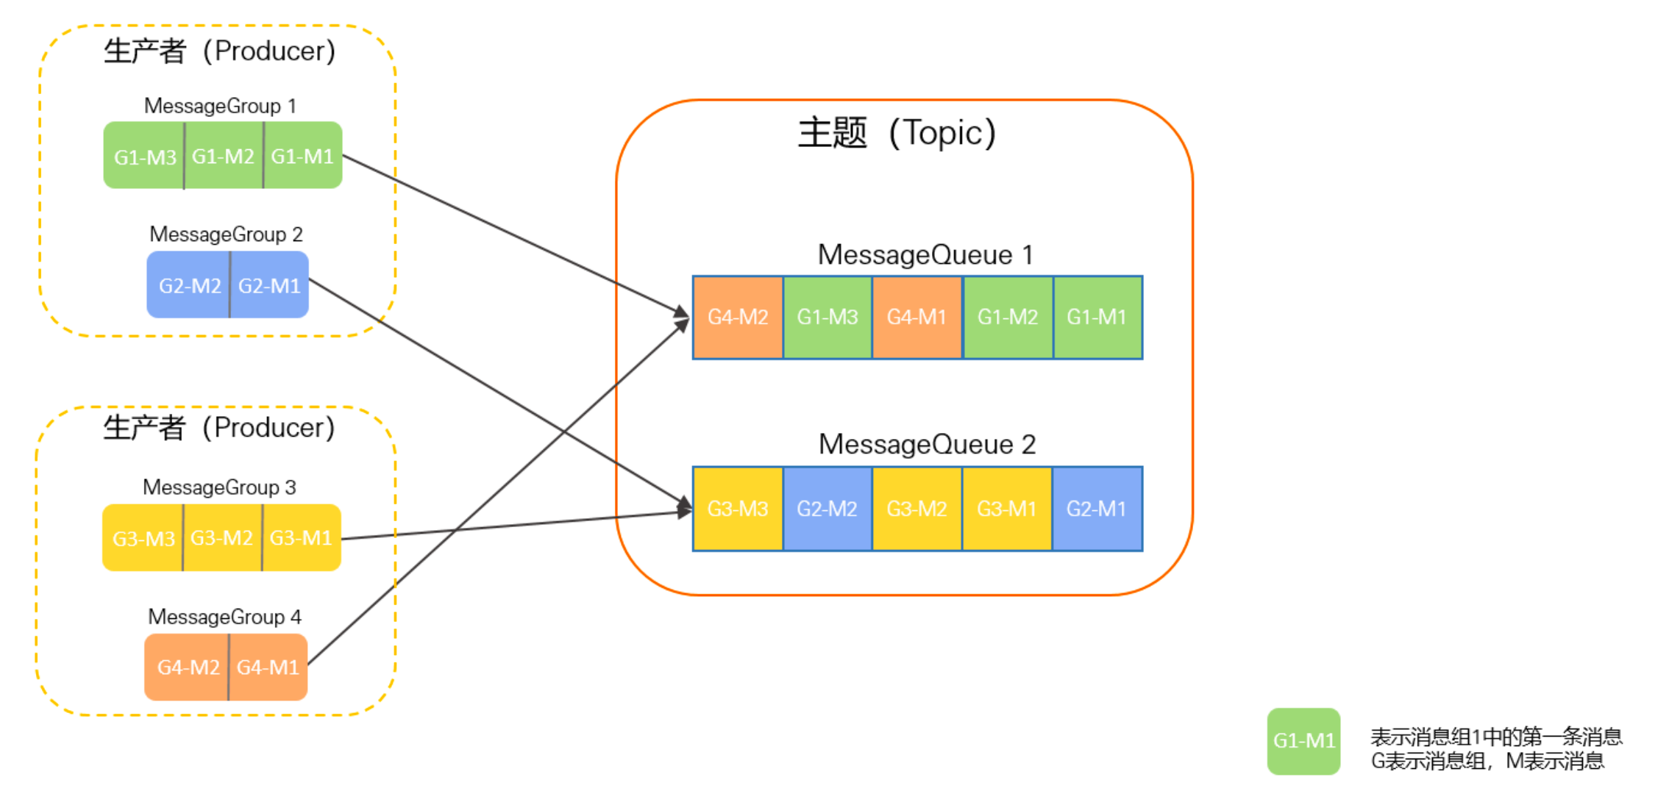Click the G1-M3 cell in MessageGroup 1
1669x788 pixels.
144,156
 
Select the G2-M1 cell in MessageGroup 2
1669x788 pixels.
269,285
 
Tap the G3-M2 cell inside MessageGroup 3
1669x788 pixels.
221,538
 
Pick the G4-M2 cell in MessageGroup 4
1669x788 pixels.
188,667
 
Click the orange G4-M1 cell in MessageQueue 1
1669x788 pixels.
917,317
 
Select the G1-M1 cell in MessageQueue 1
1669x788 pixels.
1097,317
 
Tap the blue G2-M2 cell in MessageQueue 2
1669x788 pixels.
827,509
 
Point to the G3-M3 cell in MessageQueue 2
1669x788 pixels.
737,509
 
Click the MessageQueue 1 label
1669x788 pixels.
925,255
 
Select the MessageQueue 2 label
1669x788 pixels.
926,445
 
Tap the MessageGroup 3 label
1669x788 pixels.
219,487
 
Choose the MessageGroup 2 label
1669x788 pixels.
226,234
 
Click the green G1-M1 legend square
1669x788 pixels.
1303,740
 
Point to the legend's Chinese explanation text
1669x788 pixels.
1495,748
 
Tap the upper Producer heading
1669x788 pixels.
219,51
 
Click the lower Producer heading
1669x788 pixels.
219,428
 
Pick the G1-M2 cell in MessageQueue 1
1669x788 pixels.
1007,317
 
